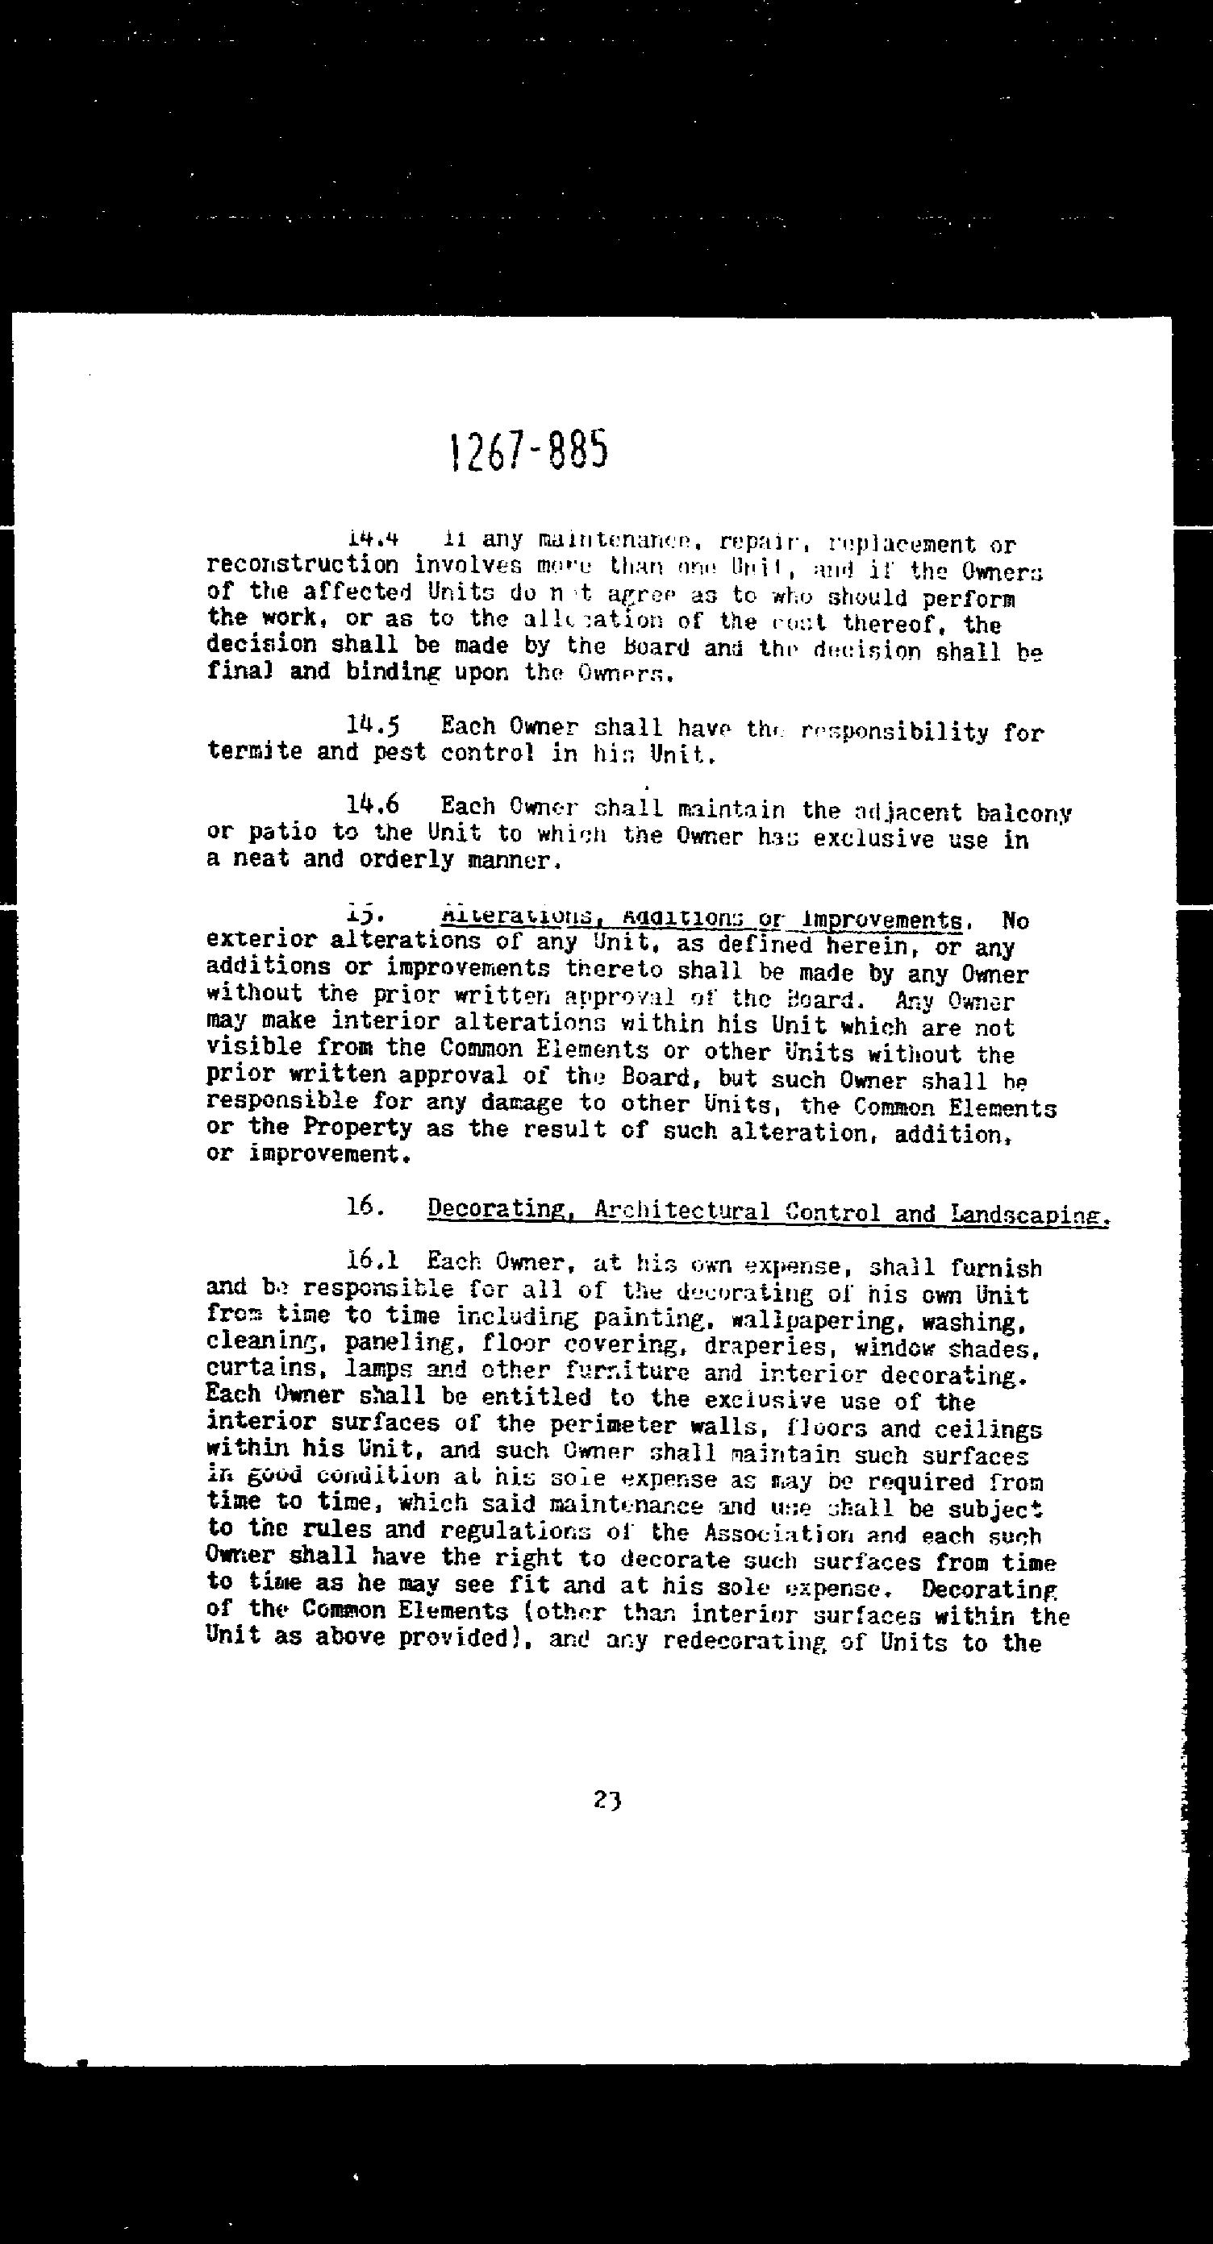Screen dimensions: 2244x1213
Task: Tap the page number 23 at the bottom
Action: (606, 1799)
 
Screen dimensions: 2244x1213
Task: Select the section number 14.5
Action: (373, 724)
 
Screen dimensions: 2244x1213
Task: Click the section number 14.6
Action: (373, 806)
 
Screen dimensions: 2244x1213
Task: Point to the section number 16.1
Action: (372, 1260)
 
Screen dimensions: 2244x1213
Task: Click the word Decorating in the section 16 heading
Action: (496, 1209)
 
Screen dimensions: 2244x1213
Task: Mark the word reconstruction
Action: (302, 565)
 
